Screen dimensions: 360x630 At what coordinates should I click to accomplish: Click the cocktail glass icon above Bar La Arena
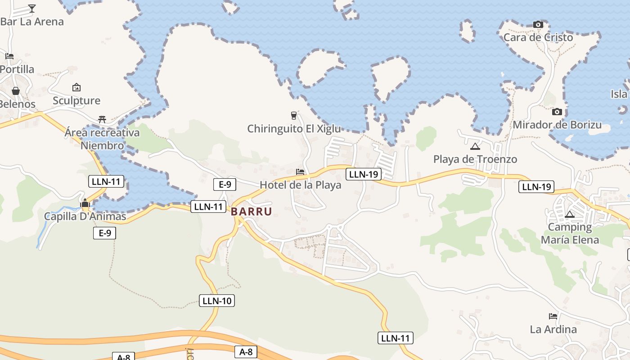[32, 8]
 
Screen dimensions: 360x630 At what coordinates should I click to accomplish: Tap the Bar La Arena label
[32, 22]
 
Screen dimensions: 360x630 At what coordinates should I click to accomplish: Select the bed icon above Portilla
[9, 56]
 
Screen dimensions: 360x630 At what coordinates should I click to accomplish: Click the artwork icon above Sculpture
[76, 87]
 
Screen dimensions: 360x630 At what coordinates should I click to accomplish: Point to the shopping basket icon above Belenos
[15, 91]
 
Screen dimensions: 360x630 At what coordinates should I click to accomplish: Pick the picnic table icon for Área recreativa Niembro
[102, 119]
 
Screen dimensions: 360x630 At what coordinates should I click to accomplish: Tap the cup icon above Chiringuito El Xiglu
[294, 116]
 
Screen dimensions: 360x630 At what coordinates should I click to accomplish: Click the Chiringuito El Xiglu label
[294, 129]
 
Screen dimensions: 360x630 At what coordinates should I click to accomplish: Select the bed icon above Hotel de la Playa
[300, 172]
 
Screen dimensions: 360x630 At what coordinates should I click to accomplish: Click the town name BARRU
[252, 211]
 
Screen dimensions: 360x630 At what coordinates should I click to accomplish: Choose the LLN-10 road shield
[217, 301]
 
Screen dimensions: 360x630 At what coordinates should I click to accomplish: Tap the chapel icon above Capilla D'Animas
[85, 203]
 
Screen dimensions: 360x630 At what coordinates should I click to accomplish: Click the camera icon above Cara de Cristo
[538, 24]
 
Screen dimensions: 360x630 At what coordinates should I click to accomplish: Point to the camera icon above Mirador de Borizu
[557, 112]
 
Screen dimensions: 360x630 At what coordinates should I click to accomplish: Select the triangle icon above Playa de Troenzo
[475, 146]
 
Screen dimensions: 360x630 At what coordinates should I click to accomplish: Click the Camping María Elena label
[570, 233]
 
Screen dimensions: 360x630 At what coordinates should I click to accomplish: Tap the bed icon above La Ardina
[553, 316]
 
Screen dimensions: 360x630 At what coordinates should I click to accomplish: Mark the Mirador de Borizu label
[557, 125]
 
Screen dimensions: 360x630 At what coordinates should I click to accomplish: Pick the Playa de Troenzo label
[475, 159]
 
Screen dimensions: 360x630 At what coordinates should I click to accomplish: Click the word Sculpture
[76, 100]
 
